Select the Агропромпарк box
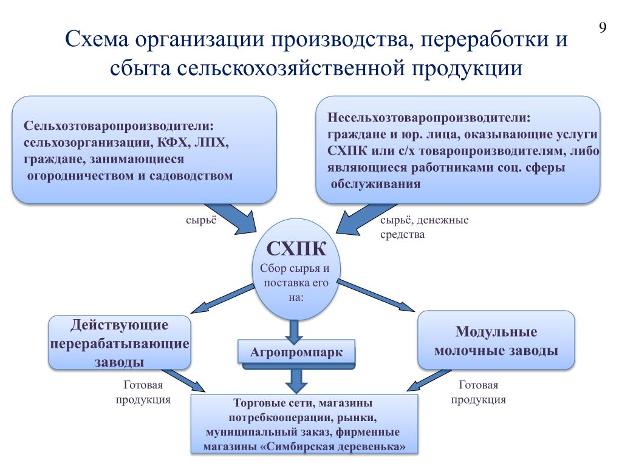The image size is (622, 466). (296, 352)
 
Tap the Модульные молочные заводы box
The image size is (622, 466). (496, 341)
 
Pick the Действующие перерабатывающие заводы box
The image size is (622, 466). (119, 343)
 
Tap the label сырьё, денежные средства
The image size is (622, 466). (424, 227)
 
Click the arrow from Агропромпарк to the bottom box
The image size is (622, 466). (296, 381)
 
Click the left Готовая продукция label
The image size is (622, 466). (143, 393)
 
